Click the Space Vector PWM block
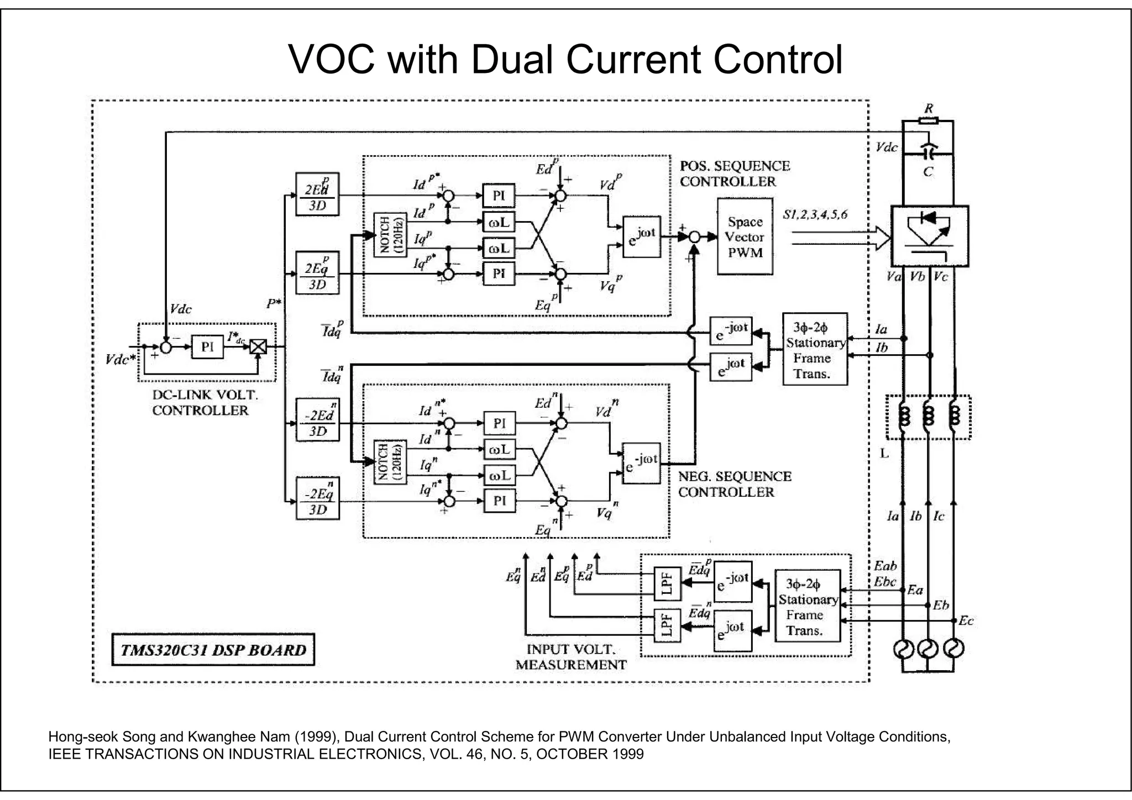745,236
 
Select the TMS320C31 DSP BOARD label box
213,650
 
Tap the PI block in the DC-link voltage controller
207,347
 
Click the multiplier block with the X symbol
258,347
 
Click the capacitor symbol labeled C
928,149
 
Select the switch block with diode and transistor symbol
930,236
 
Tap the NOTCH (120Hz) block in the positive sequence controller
390,235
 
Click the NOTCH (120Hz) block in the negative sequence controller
390,462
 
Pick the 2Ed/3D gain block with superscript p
317,194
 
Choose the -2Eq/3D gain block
317,498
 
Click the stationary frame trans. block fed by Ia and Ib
815,349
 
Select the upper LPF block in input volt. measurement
667,583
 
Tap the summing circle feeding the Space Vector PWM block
695,237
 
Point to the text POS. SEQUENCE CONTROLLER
735,173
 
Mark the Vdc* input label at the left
120,360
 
